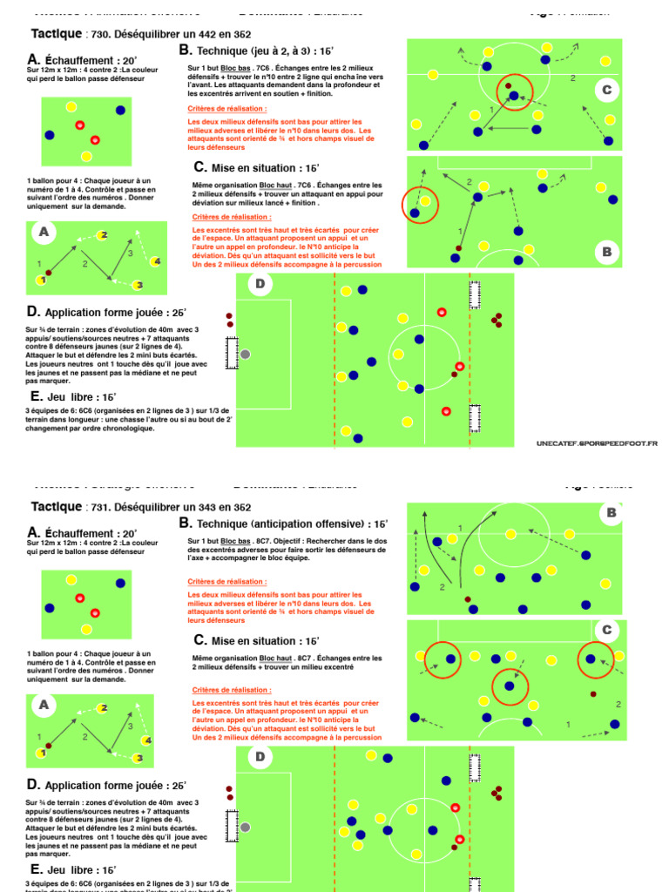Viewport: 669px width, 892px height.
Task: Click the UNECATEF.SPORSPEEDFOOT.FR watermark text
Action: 597,443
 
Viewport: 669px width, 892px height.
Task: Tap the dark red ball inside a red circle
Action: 508,85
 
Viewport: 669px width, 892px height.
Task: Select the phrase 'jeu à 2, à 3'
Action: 283,51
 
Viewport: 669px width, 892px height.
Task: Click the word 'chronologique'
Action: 126,428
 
